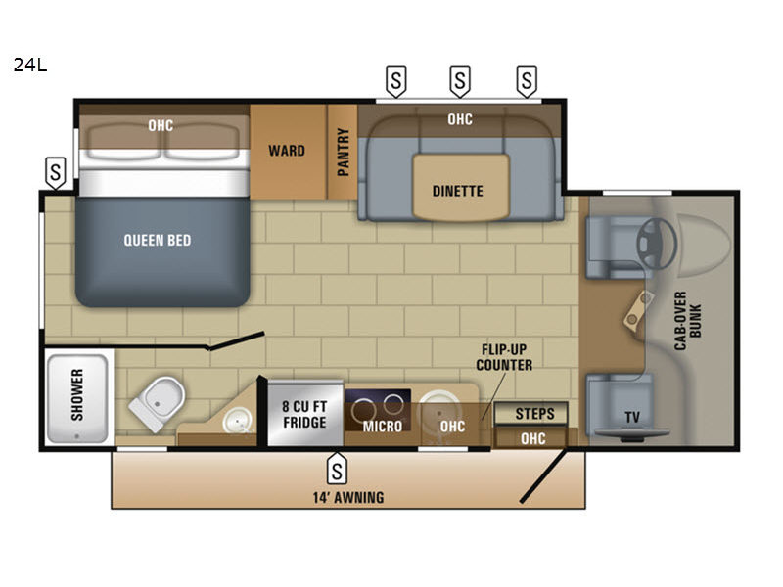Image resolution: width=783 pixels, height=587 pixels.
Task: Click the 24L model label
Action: [30, 65]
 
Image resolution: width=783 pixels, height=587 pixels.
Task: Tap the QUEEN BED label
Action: [158, 240]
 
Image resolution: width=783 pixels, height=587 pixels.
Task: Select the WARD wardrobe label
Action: [287, 151]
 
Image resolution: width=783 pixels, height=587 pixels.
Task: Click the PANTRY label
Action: [344, 152]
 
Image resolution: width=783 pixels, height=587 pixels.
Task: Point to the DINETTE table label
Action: [457, 191]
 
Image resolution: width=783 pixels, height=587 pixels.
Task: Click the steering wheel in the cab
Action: [656, 244]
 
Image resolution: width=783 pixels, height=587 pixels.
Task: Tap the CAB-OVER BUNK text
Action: [688, 321]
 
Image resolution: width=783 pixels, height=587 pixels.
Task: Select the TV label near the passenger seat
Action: [632, 417]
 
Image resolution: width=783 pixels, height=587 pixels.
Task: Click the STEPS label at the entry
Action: [534, 414]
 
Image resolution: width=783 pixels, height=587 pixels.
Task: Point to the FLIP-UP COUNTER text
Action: [504, 357]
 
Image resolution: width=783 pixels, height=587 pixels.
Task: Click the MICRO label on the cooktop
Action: [383, 427]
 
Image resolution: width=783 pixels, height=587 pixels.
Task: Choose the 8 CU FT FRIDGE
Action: [304, 414]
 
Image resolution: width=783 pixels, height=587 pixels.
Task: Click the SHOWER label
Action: [77, 395]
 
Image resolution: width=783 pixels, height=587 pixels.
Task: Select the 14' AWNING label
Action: [348, 498]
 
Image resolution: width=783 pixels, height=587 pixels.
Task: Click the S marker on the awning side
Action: [337, 469]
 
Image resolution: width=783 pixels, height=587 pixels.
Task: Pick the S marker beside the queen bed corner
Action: [56, 173]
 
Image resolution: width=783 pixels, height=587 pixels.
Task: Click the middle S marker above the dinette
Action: [460, 81]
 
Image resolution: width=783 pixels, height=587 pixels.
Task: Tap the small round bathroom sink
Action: [238, 421]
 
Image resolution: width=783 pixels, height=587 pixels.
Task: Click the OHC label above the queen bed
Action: [161, 125]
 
